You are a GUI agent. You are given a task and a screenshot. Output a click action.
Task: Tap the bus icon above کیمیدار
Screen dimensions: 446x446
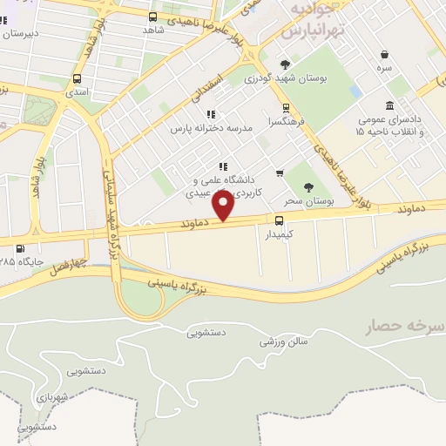[x=280, y=220]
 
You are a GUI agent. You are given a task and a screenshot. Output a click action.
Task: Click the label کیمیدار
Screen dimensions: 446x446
[x=279, y=234]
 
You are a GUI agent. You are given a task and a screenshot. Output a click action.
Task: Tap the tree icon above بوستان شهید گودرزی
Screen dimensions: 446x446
[x=285, y=64]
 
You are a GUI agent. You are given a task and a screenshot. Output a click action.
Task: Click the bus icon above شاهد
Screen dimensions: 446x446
[x=153, y=17]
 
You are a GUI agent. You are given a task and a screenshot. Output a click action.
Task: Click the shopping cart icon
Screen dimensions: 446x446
[x=279, y=172]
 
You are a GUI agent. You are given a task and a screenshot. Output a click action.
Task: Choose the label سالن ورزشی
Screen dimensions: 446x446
[x=284, y=341]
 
